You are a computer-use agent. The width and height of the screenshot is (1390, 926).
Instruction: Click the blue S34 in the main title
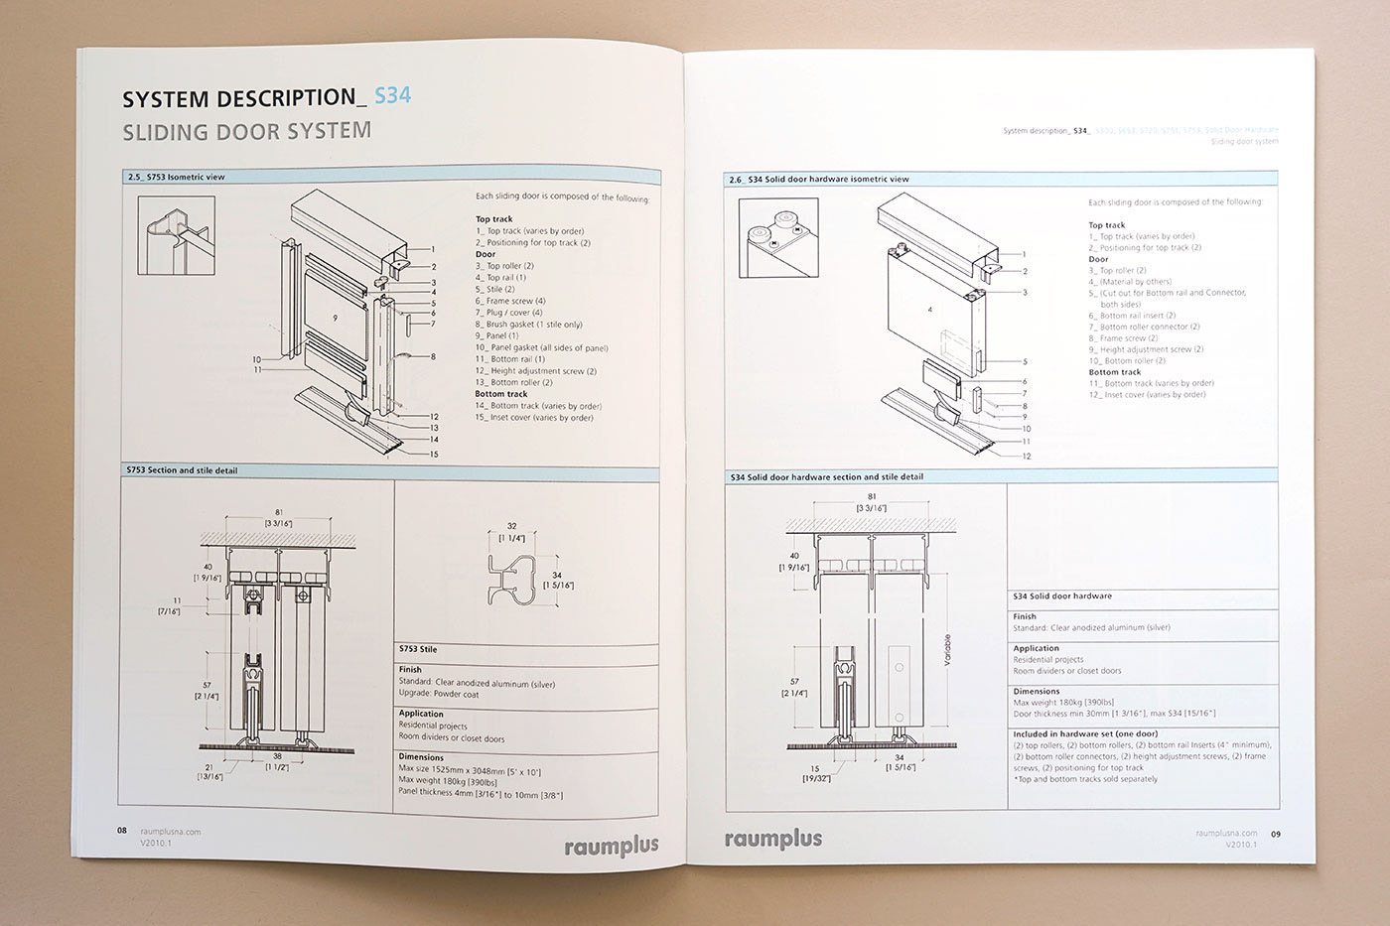(x=392, y=95)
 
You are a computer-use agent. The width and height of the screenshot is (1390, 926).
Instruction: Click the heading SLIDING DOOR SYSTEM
(x=246, y=131)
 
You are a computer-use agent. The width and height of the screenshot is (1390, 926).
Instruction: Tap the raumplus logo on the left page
(x=611, y=847)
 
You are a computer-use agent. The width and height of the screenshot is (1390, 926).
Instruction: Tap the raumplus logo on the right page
(x=773, y=840)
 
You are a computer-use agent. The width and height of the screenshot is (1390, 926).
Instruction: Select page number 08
(x=122, y=831)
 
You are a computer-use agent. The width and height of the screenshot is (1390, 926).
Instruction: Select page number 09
(x=1276, y=834)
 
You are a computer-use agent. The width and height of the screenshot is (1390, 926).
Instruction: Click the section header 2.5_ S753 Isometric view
(x=176, y=177)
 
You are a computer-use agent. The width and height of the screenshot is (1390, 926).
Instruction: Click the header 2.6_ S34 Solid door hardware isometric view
(x=818, y=180)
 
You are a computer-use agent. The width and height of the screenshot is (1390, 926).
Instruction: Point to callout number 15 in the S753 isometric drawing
(x=433, y=455)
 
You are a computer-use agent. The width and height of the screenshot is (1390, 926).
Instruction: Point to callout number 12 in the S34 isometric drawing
(x=1026, y=457)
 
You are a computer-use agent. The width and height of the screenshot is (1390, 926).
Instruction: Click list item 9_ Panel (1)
(x=496, y=335)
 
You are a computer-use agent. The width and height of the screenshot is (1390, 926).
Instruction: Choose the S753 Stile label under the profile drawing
(x=418, y=649)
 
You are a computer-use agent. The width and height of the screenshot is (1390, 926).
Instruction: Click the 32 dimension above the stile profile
(x=511, y=527)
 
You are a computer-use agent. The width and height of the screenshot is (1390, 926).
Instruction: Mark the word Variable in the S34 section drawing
(x=947, y=650)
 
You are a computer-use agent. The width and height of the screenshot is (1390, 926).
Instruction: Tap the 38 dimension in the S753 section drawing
(x=277, y=756)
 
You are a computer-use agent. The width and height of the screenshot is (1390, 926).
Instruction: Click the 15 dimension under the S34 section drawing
(x=814, y=768)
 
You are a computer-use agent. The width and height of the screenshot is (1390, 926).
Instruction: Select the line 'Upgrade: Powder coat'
(x=439, y=694)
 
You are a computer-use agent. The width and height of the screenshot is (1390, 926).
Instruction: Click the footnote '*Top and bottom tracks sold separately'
(x=1085, y=779)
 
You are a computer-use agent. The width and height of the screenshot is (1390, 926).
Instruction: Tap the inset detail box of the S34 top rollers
(x=778, y=238)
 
